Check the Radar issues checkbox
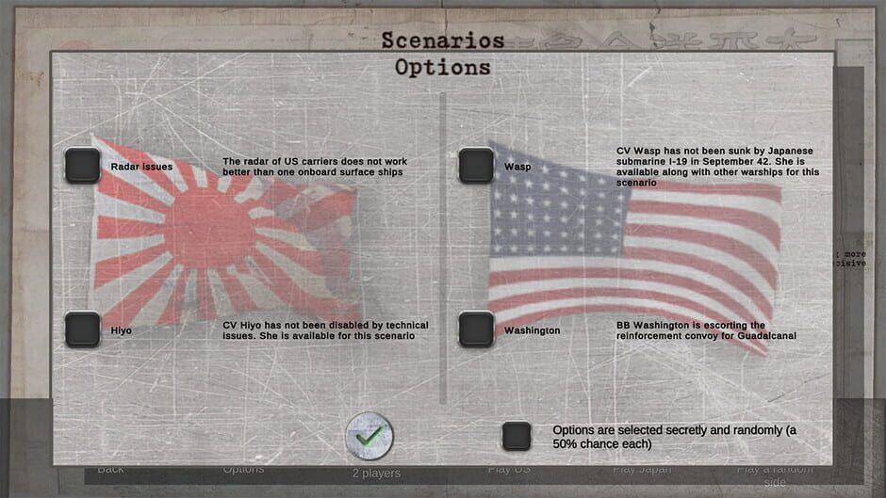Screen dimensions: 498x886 tap(83, 166)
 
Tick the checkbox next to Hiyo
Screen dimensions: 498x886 tap(83, 329)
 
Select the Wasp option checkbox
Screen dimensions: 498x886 tap(476, 166)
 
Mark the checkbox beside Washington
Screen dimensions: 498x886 tap(476, 329)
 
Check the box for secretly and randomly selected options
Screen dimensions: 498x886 tap(517, 436)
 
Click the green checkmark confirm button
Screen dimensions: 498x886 tap(369, 436)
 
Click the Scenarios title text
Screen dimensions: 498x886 tap(442, 40)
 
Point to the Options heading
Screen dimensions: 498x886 tap(442, 68)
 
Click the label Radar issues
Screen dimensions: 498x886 tap(141, 167)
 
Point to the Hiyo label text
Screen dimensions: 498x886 tap(122, 330)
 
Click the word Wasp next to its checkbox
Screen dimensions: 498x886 tap(517, 167)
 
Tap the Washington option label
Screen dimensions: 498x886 tap(533, 330)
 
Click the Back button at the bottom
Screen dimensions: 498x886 tap(110, 469)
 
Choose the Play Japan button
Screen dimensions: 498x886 tap(642, 469)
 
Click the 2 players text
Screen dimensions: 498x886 tap(376, 473)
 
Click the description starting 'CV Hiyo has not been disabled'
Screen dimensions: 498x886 tap(325, 330)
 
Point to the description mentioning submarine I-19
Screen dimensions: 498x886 tap(717, 167)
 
